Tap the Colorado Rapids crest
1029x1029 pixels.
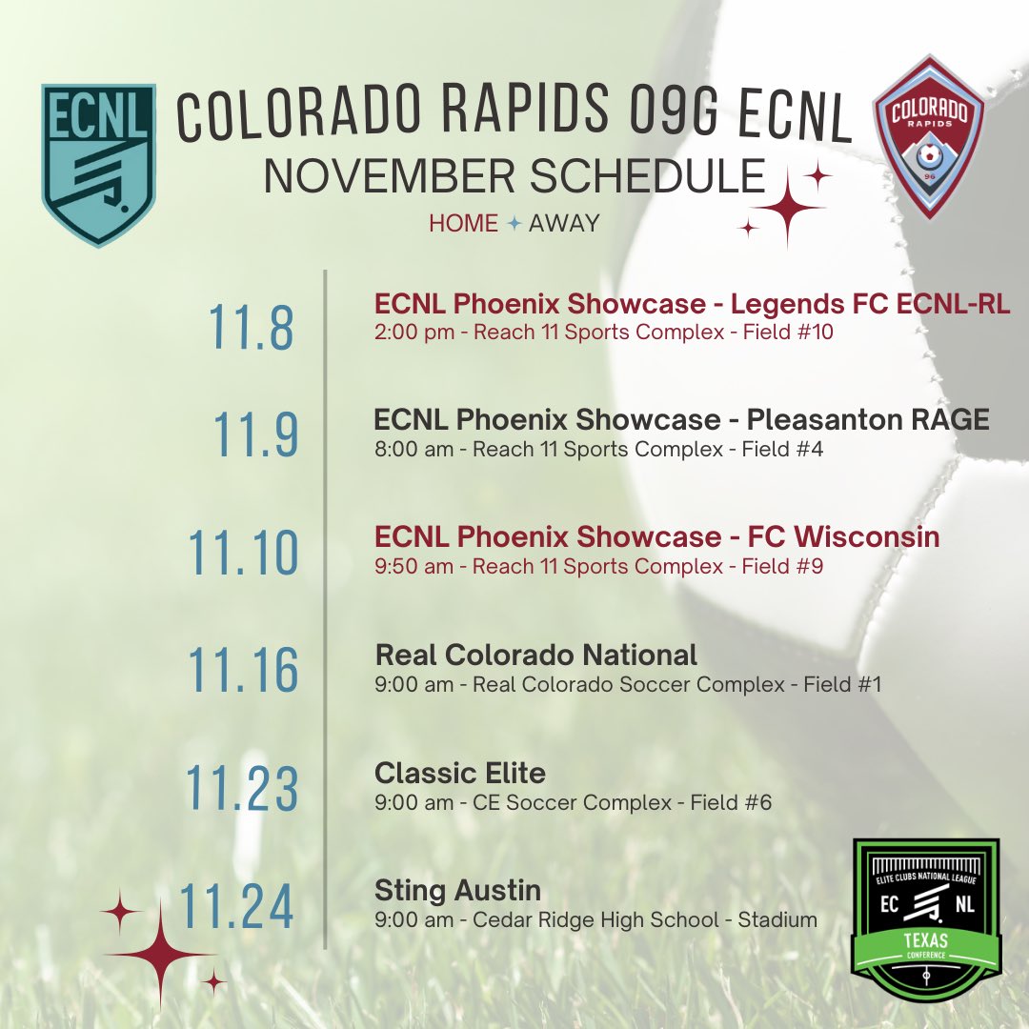(x=928, y=137)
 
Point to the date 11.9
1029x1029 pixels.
(x=255, y=434)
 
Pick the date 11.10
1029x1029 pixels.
(x=243, y=553)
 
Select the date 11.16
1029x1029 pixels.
(x=243, y=670)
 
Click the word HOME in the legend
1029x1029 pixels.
(x=463, y=224)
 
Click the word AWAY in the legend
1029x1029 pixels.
(x=564, y=224)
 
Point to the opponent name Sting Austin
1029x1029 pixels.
(x=457, y=891)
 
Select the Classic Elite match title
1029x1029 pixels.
(x=460, y=773)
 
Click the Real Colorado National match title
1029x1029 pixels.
(x=536, y=655)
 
